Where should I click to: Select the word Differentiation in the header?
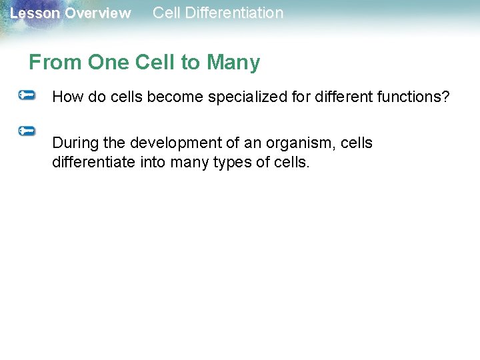(x=233, y=13)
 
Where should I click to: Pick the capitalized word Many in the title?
(x=233, y=63)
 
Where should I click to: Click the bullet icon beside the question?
(x=27, y=96)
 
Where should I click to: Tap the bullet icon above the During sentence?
(x=27, y=131)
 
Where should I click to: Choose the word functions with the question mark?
(x=410, y=97)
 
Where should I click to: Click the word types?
(x=233, y=162)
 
